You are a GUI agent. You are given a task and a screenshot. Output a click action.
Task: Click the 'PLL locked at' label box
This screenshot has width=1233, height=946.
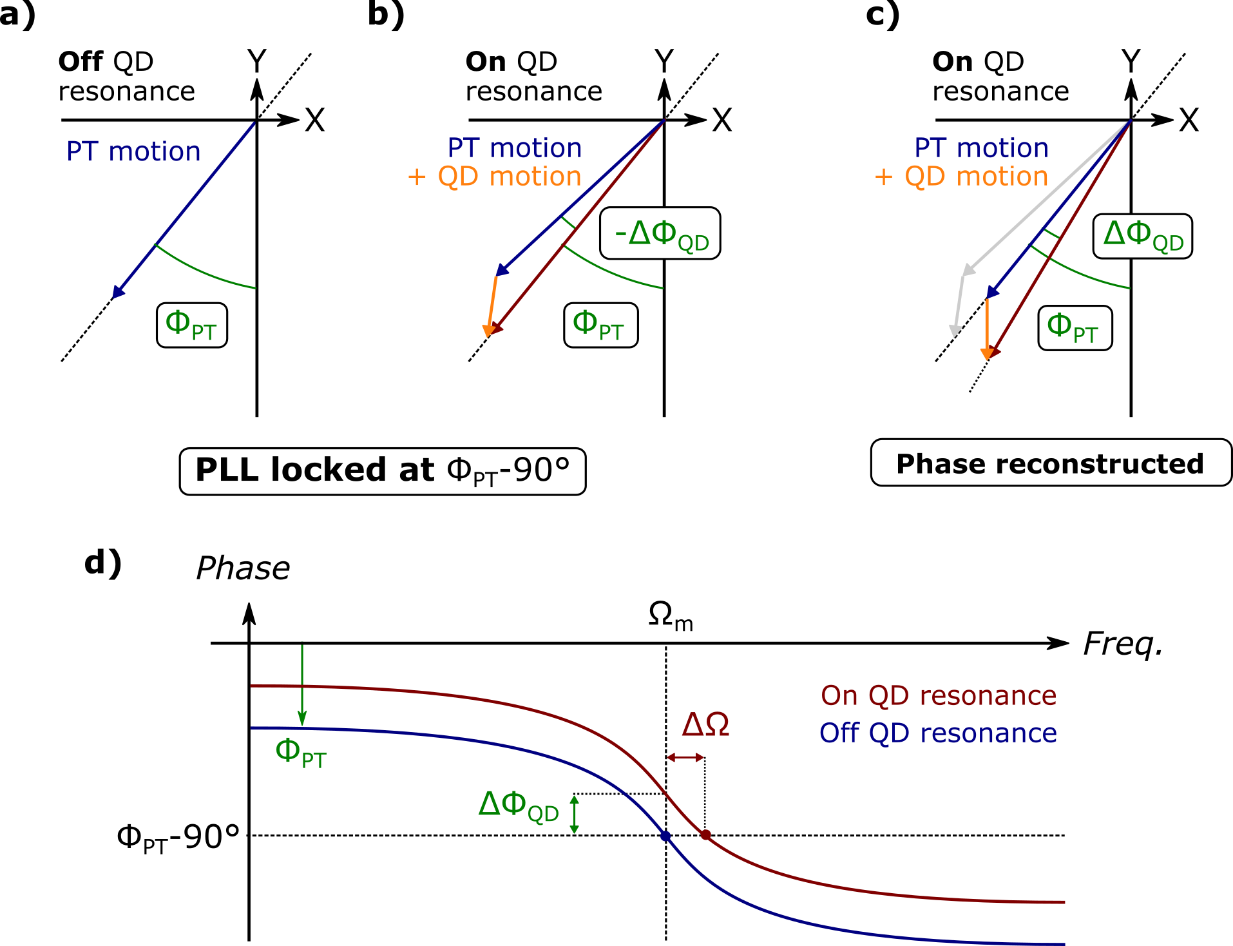coord(382,471)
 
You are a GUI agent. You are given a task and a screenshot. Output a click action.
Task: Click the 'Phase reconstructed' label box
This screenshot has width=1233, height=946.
coord(1050,463)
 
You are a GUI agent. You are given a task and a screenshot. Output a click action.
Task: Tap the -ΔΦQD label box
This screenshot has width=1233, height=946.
coord(660,233)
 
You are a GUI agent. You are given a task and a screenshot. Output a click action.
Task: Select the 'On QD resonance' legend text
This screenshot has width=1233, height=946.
coord(938,696)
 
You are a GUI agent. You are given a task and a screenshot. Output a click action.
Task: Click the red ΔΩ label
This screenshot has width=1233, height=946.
coord(705,725)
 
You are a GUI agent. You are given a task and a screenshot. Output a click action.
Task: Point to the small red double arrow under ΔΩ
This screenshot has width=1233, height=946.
coord(685,757)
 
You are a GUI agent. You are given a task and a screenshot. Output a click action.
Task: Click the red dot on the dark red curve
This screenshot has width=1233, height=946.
coord(706,835)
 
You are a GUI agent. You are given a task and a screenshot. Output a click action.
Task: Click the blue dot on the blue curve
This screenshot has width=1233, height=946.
coord(665,836)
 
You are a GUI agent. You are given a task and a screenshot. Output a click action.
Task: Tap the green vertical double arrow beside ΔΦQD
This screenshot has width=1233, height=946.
coord(574,815)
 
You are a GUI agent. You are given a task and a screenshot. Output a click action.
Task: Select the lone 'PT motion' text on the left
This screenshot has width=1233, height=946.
coord(133,152)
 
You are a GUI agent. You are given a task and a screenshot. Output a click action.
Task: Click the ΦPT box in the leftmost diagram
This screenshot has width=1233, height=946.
coord(192,325)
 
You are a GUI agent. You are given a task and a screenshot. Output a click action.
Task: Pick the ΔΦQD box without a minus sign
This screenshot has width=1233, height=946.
coord(1143,236)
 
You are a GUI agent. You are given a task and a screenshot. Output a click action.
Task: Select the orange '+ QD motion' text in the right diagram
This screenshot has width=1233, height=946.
coord(961,177)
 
